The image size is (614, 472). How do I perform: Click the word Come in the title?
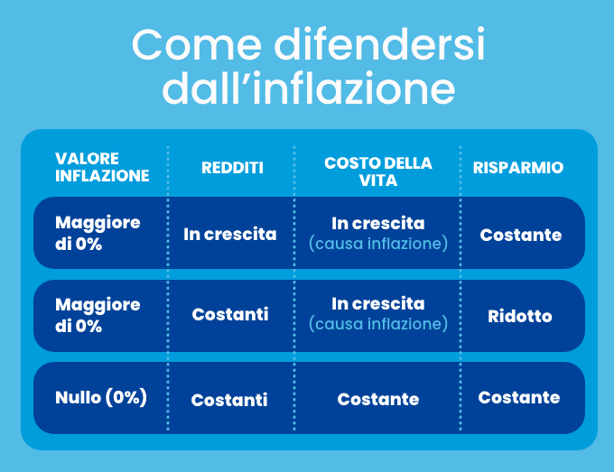coord(197,44)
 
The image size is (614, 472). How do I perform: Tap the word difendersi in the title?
coord(379,44)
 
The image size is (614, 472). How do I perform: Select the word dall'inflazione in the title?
coord(309,88)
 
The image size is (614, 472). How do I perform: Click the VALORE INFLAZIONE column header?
coord(102,167)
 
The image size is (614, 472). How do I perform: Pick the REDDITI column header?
coord(232,168)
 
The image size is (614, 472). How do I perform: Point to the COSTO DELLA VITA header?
coord(377,171)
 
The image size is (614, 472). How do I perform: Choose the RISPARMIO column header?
coord(518,168)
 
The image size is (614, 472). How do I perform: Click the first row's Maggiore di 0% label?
coord(98,233)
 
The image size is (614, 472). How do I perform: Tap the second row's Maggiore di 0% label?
coord(98,315)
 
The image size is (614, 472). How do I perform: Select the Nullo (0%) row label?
coord(101,397)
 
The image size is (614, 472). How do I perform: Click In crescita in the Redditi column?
coord(230,234)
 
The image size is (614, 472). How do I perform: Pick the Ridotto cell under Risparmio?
coord(519,316)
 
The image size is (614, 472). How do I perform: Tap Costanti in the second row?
coord(230,314)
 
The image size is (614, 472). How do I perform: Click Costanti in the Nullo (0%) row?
coord(229,400)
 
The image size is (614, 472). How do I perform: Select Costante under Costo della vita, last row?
coord(377,399)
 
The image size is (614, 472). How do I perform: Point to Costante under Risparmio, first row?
coord(521,235)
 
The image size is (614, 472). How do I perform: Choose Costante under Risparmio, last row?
coord(519,397)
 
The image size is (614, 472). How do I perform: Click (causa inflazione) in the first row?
coord(377,244)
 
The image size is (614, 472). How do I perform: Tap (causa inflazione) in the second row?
coord(377,324)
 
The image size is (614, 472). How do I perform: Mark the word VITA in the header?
coord(377,180)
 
